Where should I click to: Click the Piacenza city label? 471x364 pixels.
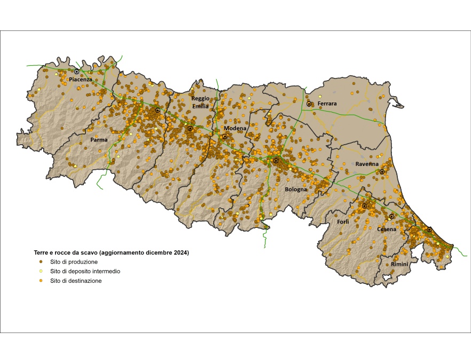point(81,80)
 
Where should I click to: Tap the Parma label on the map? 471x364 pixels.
point(99,140)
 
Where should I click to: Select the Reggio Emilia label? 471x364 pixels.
point(200,102)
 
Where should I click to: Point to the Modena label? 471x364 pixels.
point(235,129)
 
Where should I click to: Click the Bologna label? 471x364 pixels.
point(296,189)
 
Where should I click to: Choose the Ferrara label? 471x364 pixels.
point(327,104)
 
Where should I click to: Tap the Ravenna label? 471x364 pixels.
point(367,164)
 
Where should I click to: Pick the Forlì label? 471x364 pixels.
point(343,221)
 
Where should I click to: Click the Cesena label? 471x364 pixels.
point(387,230)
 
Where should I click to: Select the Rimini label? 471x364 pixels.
point(399,265)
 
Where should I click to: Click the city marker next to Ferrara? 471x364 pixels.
point(309,104)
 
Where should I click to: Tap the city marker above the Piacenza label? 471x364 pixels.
point(77,72)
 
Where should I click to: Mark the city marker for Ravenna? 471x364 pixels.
point(382,171)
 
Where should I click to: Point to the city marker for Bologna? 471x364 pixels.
point(276,161)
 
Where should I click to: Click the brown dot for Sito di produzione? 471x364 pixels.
point(41,262)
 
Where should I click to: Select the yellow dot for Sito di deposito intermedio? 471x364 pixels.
point(41,271)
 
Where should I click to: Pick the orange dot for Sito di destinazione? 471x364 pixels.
point(41,281)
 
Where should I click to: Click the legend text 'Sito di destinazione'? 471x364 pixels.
point(75,281)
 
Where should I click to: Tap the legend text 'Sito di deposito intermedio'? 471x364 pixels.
point(85,271)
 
